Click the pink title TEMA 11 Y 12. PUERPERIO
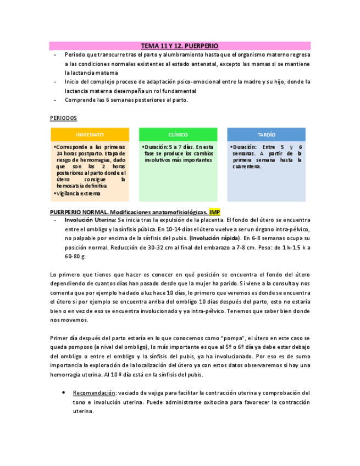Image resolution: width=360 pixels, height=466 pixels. pos(180,46)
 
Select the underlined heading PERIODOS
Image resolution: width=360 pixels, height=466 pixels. pos(63,118)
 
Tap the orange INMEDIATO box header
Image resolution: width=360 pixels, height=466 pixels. pos(90,135)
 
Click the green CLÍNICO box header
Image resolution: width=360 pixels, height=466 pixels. pos(178,135)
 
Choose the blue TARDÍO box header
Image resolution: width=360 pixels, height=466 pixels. pos(266,135)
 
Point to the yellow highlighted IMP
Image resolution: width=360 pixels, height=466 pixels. pos(214,212)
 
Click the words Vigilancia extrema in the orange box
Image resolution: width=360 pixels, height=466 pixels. pos(79,193)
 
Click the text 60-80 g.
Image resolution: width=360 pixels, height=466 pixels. pos(75,257)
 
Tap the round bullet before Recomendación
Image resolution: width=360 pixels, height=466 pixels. pos(64,393)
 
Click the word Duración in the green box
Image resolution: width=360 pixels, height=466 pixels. pos(157,147)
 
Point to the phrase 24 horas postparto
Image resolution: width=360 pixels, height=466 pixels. pos(79,154)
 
